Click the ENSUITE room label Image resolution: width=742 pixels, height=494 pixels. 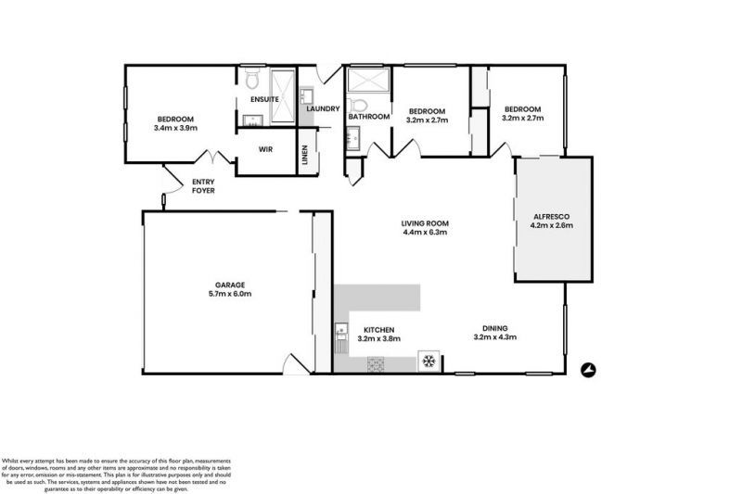(264, 99)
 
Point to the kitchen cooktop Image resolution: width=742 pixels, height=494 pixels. (376, 365)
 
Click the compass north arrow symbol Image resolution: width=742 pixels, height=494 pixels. (587, 370)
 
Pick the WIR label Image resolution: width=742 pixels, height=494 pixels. (264, 147)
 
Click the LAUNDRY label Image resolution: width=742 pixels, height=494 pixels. (324, 109)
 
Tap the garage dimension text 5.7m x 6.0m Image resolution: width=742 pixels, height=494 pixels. (229, 294)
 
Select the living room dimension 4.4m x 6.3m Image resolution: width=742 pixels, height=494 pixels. (425, 232)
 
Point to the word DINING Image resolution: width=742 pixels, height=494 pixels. (494, 327)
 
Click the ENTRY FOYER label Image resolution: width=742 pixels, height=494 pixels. (203, 185)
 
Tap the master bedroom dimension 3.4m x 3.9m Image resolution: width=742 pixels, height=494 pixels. (174, 128)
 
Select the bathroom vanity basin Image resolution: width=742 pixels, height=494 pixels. (352, 140)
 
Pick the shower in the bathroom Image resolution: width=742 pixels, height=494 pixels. (359, 81)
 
